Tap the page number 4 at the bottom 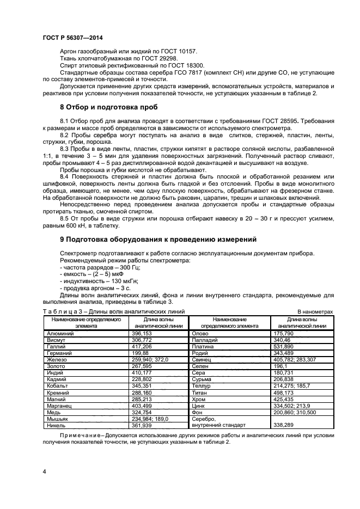[44, 470]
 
